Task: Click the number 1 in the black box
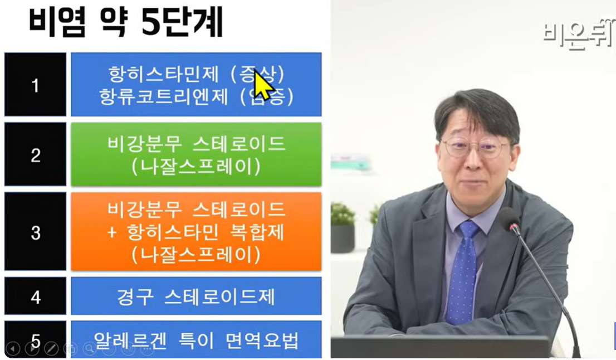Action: point(35,85)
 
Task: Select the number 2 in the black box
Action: point(35,155)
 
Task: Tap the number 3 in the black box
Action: point(35,232)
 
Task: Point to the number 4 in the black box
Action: point(35,296)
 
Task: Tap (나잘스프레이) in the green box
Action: point(195,167)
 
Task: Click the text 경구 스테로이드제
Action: point(195,296)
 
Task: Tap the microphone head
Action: point(509,219)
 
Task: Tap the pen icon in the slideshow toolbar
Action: point(51,349)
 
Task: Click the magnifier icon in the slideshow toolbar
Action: point(89,349)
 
